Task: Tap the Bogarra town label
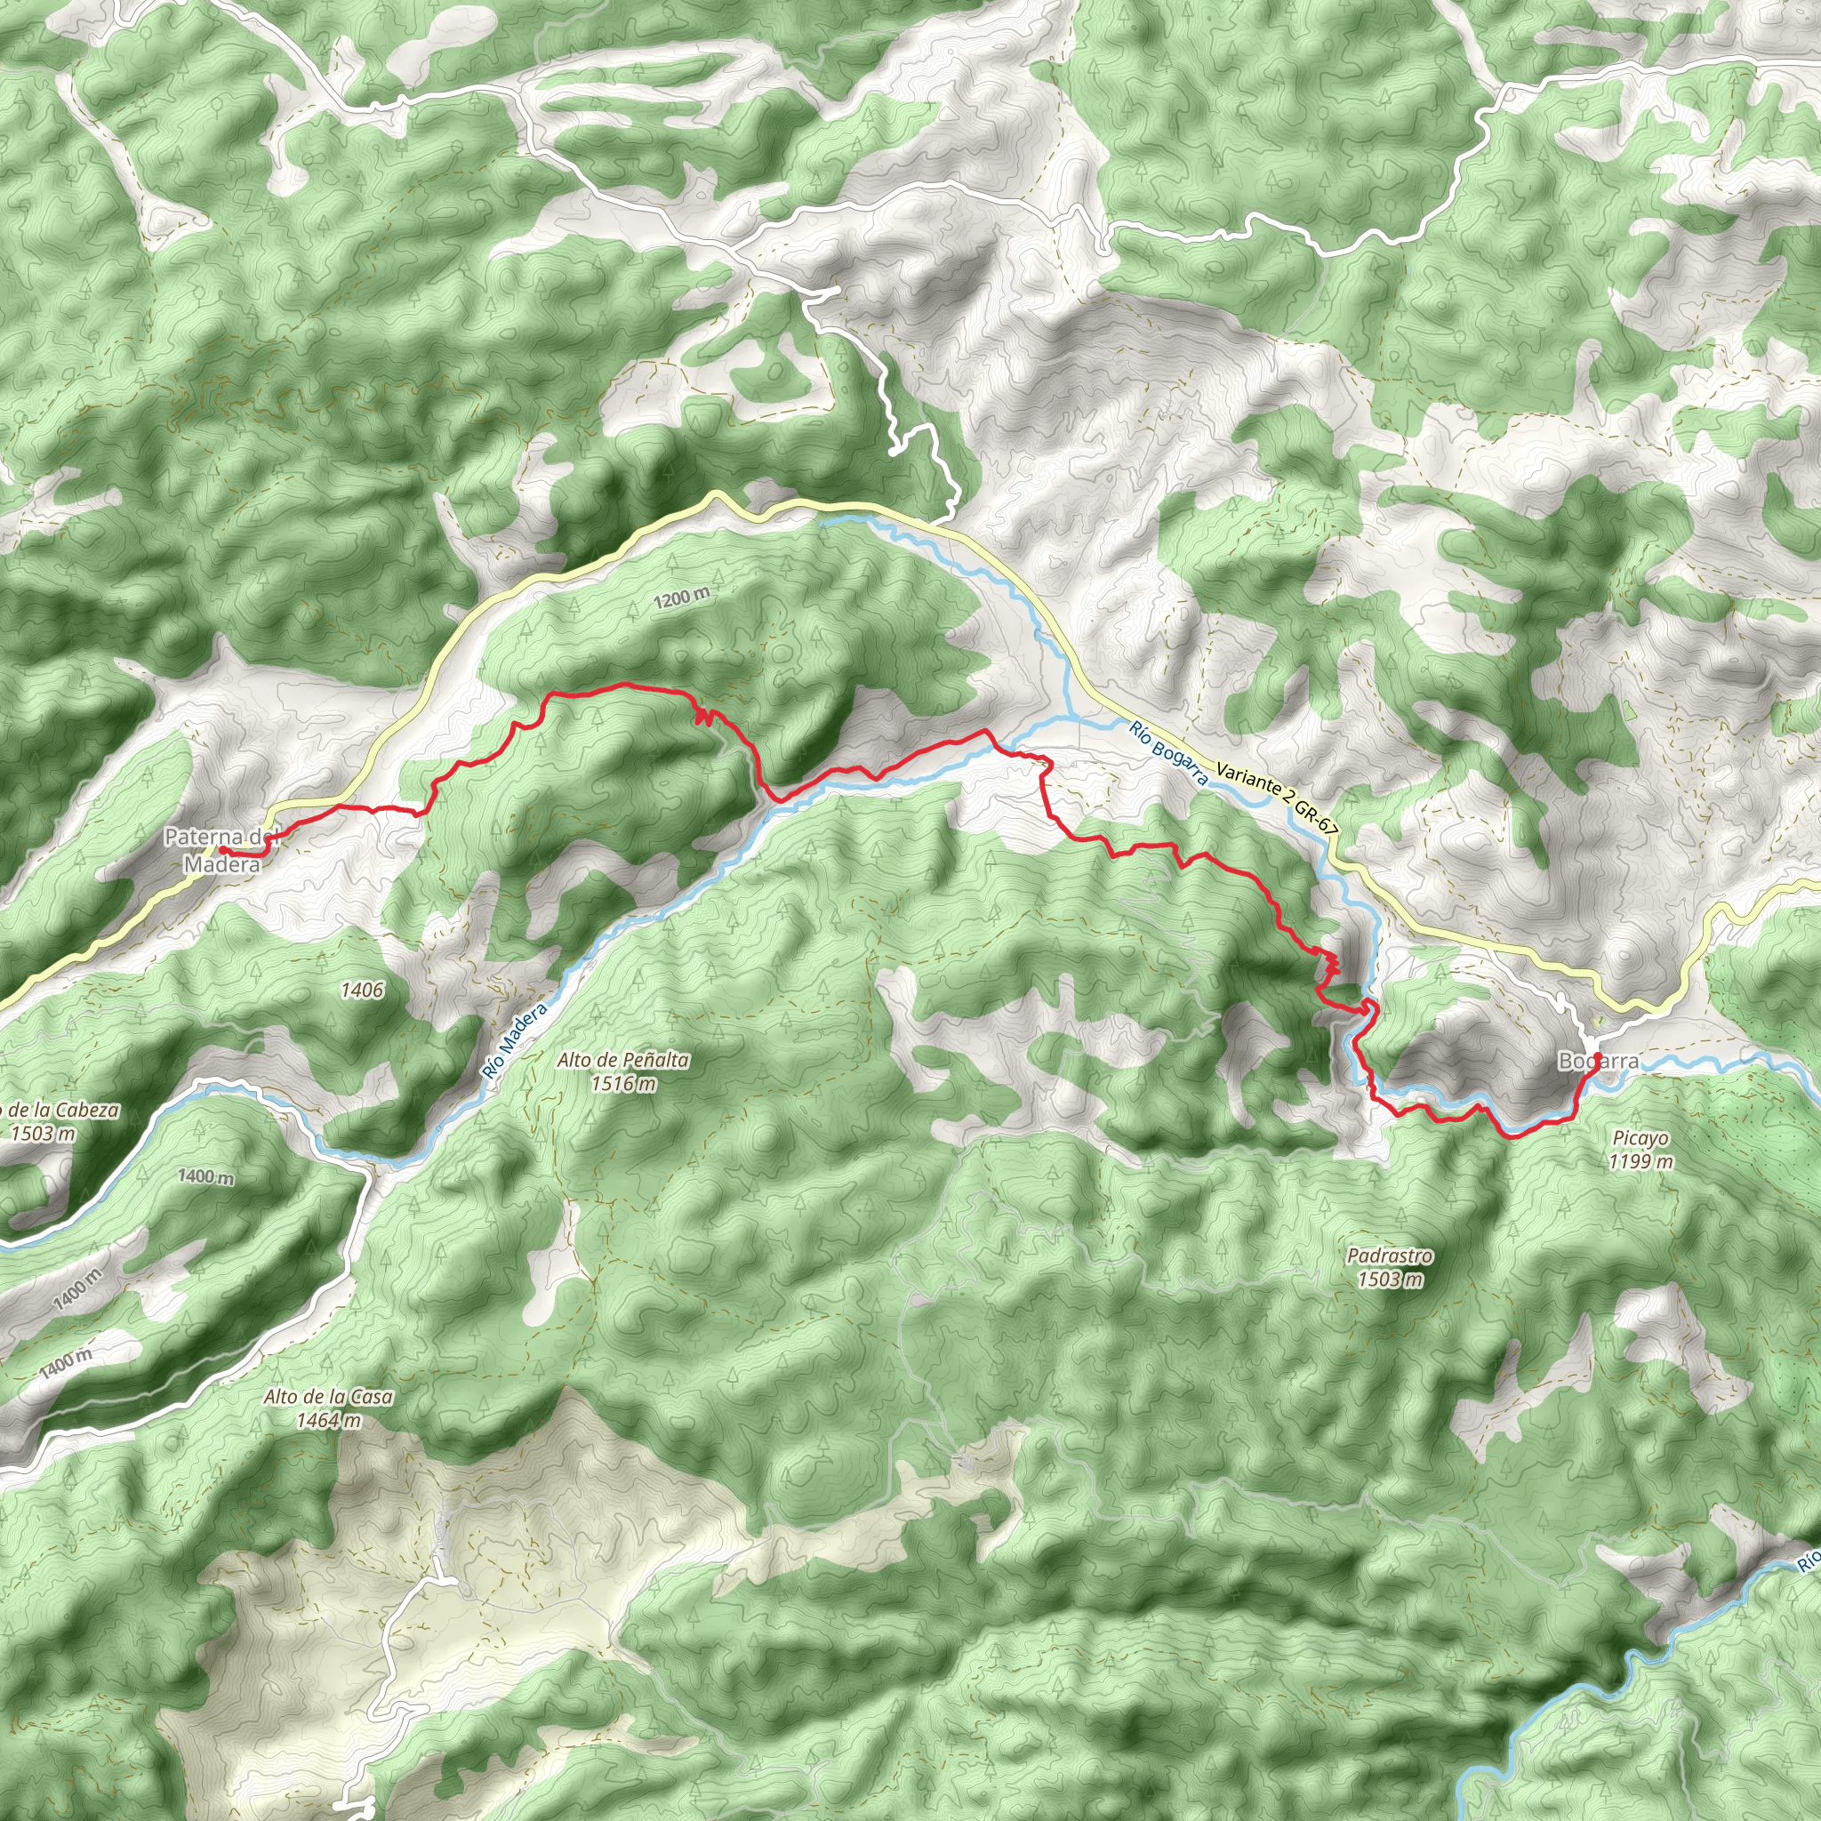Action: pyautogui.click(x=1598, y=1062)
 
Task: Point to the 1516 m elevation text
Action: pyautogui.click(x=623, y=1083)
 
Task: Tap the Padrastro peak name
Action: pyautogui.click(x=1390, y=1255)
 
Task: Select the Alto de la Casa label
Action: pyautogui.click(x=328, y=1396)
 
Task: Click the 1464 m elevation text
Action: pyautogui.click(x=328, y=1419)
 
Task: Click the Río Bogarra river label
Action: pyautogui.click(x=1167, y=753)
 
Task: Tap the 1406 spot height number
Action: pyautogui.click(x=362, y=990)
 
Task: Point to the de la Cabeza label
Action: pyautogui.click(x=60, y=1111)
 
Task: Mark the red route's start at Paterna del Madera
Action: pyautogui.click(x=223, y=850)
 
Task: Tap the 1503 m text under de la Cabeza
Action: pyautogui.click(x=43, y=1133)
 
